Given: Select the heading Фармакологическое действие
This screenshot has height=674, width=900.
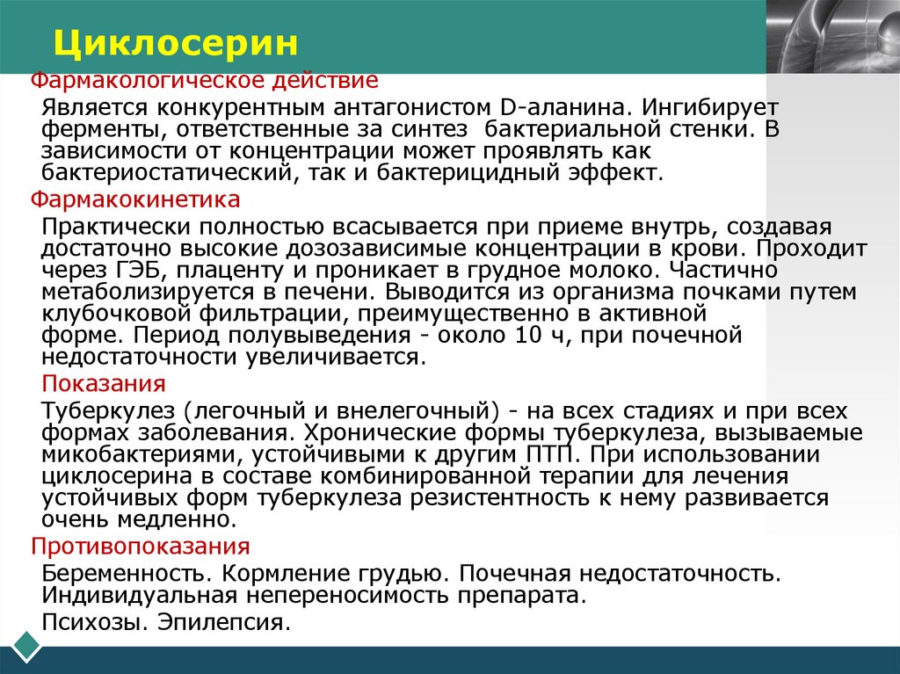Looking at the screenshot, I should click(205, 82).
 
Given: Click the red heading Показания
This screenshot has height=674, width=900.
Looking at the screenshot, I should click(105, 384).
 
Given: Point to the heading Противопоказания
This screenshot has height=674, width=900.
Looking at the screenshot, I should click(141, 546).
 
